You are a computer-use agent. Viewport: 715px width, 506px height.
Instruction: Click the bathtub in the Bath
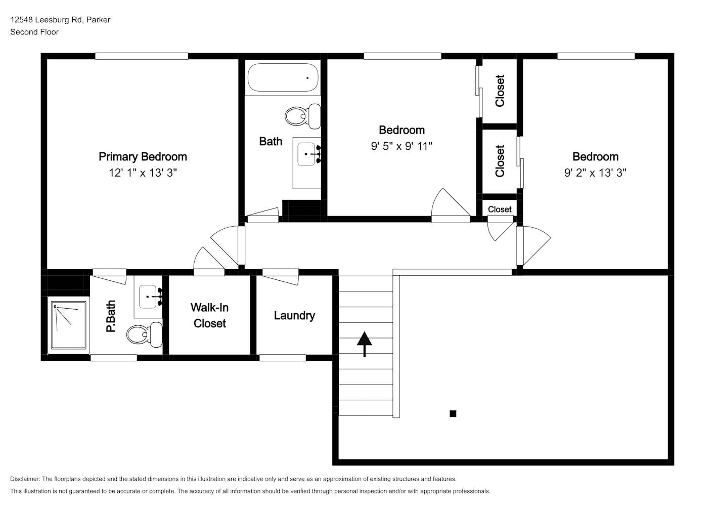click(x=283, y=77)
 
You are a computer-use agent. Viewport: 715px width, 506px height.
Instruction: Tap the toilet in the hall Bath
click(x=303, y=116)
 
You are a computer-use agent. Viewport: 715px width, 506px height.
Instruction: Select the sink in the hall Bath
click(x=307, y=154)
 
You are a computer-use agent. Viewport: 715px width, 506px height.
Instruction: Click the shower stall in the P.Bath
click(x=69, y=325)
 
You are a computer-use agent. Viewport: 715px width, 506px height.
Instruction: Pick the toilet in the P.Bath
click(x=144, y=334)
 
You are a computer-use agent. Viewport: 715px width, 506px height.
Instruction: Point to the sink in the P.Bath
click(x=149, y=297)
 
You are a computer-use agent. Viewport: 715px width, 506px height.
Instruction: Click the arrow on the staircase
click(x=364, y=344)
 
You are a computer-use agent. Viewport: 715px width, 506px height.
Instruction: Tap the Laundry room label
click(x=294, y=316)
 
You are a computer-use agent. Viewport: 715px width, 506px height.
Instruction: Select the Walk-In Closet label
click(x=210, y=315)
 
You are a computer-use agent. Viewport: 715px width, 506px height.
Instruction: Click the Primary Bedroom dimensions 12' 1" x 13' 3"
click(x=143, y=173)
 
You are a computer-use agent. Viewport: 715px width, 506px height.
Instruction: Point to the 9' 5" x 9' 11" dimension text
click(x=401, y=146)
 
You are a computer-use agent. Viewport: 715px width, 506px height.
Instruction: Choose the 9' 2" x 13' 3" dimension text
click(x=595, y=173)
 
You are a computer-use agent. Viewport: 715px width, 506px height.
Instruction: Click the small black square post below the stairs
click(x=453, y=414)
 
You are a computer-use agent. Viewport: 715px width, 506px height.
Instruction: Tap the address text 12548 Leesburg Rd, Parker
click(x=60, y=20)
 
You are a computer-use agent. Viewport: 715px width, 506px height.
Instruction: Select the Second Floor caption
click(x=34, y=32)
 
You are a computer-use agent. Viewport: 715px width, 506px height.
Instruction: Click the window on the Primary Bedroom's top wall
click(x=142, y=56)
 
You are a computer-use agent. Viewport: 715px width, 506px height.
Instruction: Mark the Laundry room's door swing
click(x=281, y=277)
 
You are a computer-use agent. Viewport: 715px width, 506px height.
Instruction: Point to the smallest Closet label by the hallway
click(x=500, y=209)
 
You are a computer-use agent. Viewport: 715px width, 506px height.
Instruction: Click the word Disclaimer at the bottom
click(x=25, y=479)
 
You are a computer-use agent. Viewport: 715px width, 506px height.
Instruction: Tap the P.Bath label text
click(x=111, y=316)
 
